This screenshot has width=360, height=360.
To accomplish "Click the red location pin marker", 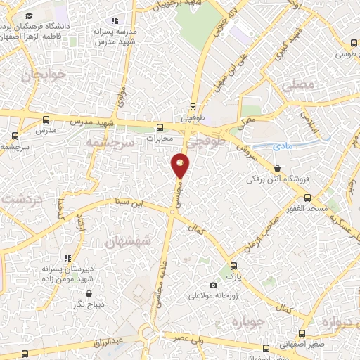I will click(181, 165).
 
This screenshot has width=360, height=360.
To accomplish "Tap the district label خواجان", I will click(44, 74).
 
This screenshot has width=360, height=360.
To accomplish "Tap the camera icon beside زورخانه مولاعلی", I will click(213, 285).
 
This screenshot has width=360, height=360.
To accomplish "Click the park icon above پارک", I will click(233, 266).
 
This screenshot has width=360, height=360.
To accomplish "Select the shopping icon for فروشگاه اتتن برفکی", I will click(278, 169).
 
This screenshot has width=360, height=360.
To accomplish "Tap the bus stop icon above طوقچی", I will click(193, 108).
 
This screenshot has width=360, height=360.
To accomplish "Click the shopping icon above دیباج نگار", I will click(89, 293).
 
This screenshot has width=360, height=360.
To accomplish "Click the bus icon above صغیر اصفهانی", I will click(302, 334).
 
